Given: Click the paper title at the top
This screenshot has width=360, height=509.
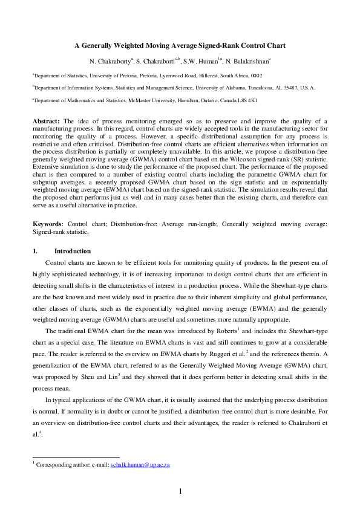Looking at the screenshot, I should tap(180, 45).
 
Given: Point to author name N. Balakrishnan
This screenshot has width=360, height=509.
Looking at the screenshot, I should tap(248, 61).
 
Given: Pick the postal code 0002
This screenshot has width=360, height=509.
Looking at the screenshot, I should tap(257, 76).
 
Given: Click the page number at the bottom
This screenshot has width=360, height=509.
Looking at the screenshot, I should tap(180, 491).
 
